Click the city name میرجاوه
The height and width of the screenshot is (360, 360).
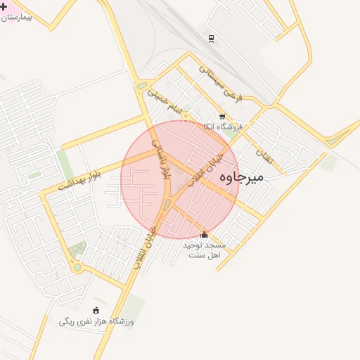241,176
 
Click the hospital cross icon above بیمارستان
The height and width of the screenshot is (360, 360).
4,6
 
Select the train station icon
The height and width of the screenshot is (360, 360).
211,39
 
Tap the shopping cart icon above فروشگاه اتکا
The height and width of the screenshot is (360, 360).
222,117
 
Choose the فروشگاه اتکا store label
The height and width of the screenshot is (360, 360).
222,127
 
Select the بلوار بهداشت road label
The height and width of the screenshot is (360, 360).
79,181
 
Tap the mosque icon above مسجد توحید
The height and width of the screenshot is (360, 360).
205,235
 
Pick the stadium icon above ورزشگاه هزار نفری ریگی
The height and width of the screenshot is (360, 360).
96,310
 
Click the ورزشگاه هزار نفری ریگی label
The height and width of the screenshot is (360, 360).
96,321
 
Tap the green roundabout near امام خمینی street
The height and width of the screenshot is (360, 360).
143,86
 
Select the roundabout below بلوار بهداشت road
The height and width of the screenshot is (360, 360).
77,268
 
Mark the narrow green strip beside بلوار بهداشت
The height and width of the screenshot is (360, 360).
65,165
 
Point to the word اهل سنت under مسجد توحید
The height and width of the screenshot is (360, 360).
205,255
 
